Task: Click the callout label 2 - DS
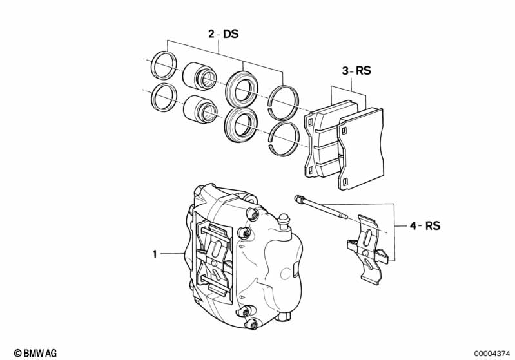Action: [x=223, y=34]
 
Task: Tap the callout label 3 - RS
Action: [x=356, y=71]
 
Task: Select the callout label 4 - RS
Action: [x=425, y=225]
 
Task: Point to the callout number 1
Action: [x=155, y=254]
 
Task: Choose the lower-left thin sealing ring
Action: [x=162, y=97]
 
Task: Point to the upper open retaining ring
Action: [x=284, y=100]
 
